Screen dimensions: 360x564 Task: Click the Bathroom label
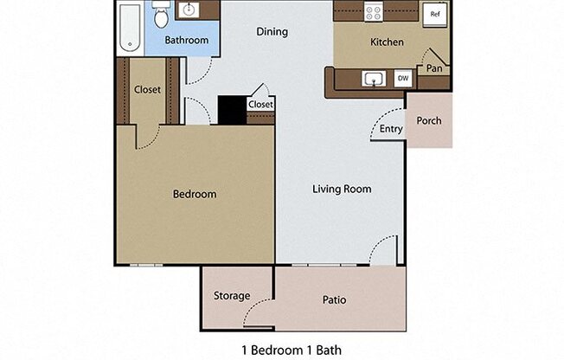(x=187, y=41)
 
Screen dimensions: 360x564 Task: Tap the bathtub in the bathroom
(x=130, y=26)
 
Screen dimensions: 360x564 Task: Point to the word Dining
(x=272, y=32)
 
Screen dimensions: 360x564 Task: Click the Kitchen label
(x=387, y=42)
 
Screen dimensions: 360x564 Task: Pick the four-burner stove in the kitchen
(x=374, y=11)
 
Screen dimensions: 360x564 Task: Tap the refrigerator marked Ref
(x=434, y=14)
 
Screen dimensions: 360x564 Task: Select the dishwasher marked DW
(x=402, y=79)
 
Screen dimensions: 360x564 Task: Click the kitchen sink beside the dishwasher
(x=373, y=80)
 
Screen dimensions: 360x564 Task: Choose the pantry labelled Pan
(x=434, y=67)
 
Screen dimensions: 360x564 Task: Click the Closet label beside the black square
(x=260, y=105)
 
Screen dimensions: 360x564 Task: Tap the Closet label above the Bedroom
(x=147, y=89)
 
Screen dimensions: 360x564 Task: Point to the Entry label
(x=391, y=129)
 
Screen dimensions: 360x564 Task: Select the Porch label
(x=429, y=120)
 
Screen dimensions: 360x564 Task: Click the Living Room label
(x=342, y=189)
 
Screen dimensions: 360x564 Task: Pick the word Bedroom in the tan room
(x=195, y=194)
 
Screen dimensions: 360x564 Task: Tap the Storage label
(x=232, y=296)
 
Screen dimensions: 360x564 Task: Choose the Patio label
(x=335, y=300)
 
